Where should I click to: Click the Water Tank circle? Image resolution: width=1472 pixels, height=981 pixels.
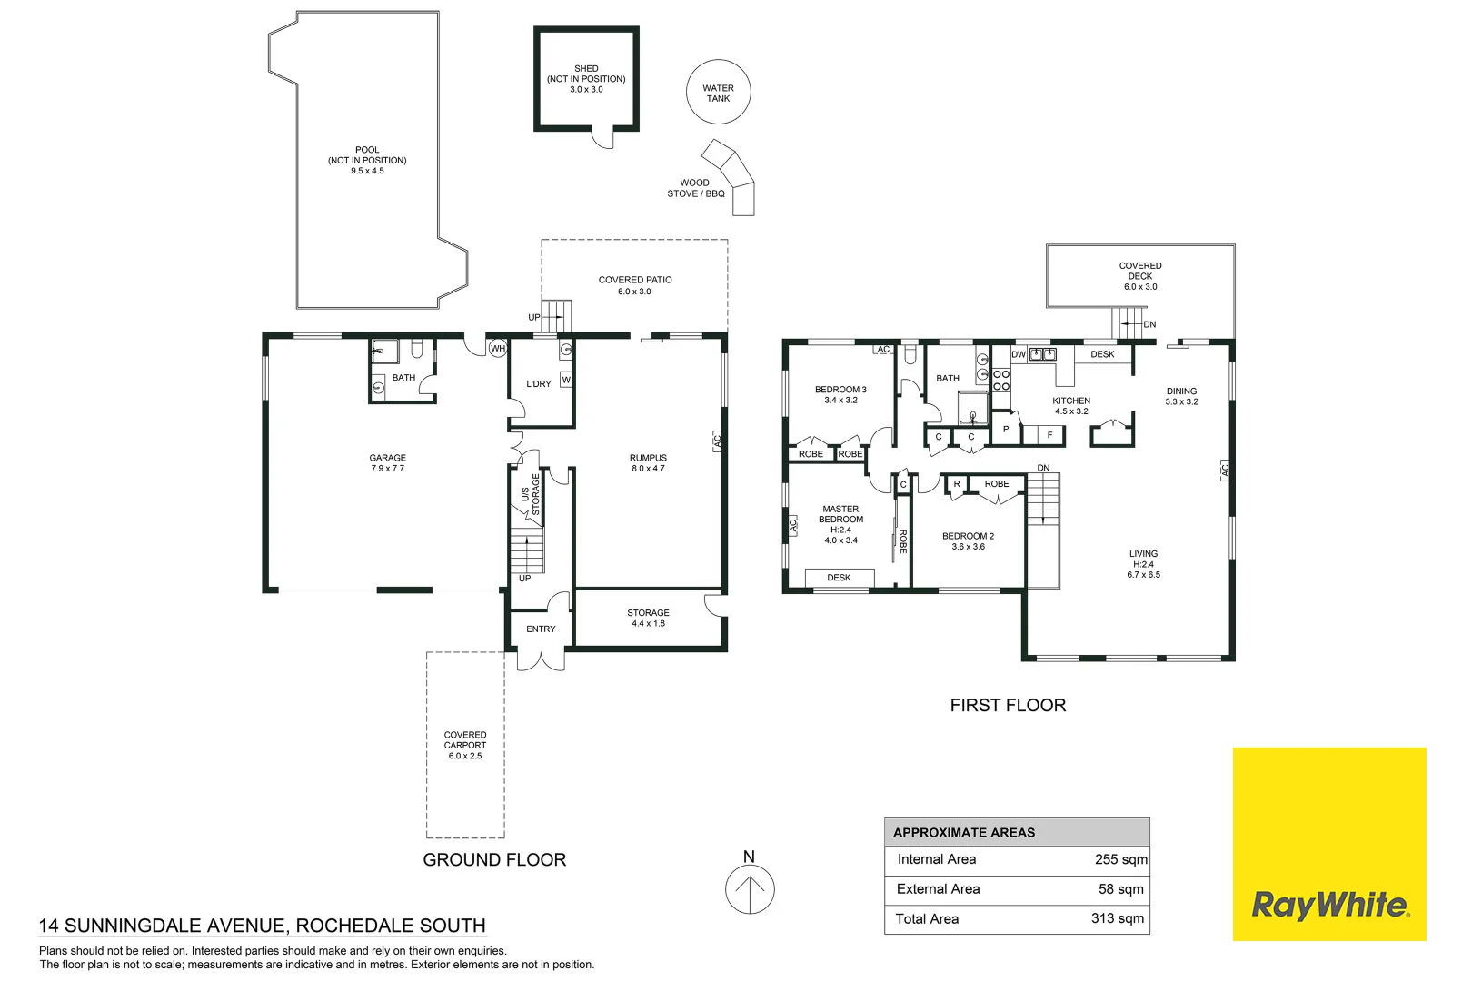point(718,93)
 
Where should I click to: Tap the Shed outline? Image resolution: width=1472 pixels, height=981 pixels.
point(586,79)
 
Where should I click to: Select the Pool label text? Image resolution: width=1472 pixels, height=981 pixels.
point(367,160)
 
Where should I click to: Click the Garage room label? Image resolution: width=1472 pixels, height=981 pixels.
point(387,463)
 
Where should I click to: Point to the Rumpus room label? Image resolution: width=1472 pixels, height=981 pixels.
point(648,463)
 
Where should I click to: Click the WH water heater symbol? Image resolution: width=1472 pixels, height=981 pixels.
point(498,349)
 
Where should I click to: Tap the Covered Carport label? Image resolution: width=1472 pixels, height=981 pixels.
point(465,745)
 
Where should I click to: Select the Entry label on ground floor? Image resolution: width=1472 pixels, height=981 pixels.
point(541,629)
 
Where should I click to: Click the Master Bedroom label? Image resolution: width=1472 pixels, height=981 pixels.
point(840,524)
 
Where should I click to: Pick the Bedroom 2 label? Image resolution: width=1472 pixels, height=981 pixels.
point(968,541)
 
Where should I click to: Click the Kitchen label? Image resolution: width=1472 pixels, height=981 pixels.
point(1071,405)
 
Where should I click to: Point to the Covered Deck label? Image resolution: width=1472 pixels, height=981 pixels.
point(1140,276)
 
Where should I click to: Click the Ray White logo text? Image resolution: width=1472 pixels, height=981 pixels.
point(1329,906)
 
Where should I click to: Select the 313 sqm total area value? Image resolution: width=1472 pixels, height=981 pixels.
point(1118,918)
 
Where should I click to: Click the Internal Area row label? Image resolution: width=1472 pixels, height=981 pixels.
point(936,859)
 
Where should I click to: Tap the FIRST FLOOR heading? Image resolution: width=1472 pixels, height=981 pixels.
point(1008,705)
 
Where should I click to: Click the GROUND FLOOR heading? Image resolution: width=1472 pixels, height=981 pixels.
point(494,859)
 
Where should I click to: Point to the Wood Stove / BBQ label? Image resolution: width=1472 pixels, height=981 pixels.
point(696,188)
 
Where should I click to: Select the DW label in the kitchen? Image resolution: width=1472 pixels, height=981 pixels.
point(1019,354)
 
